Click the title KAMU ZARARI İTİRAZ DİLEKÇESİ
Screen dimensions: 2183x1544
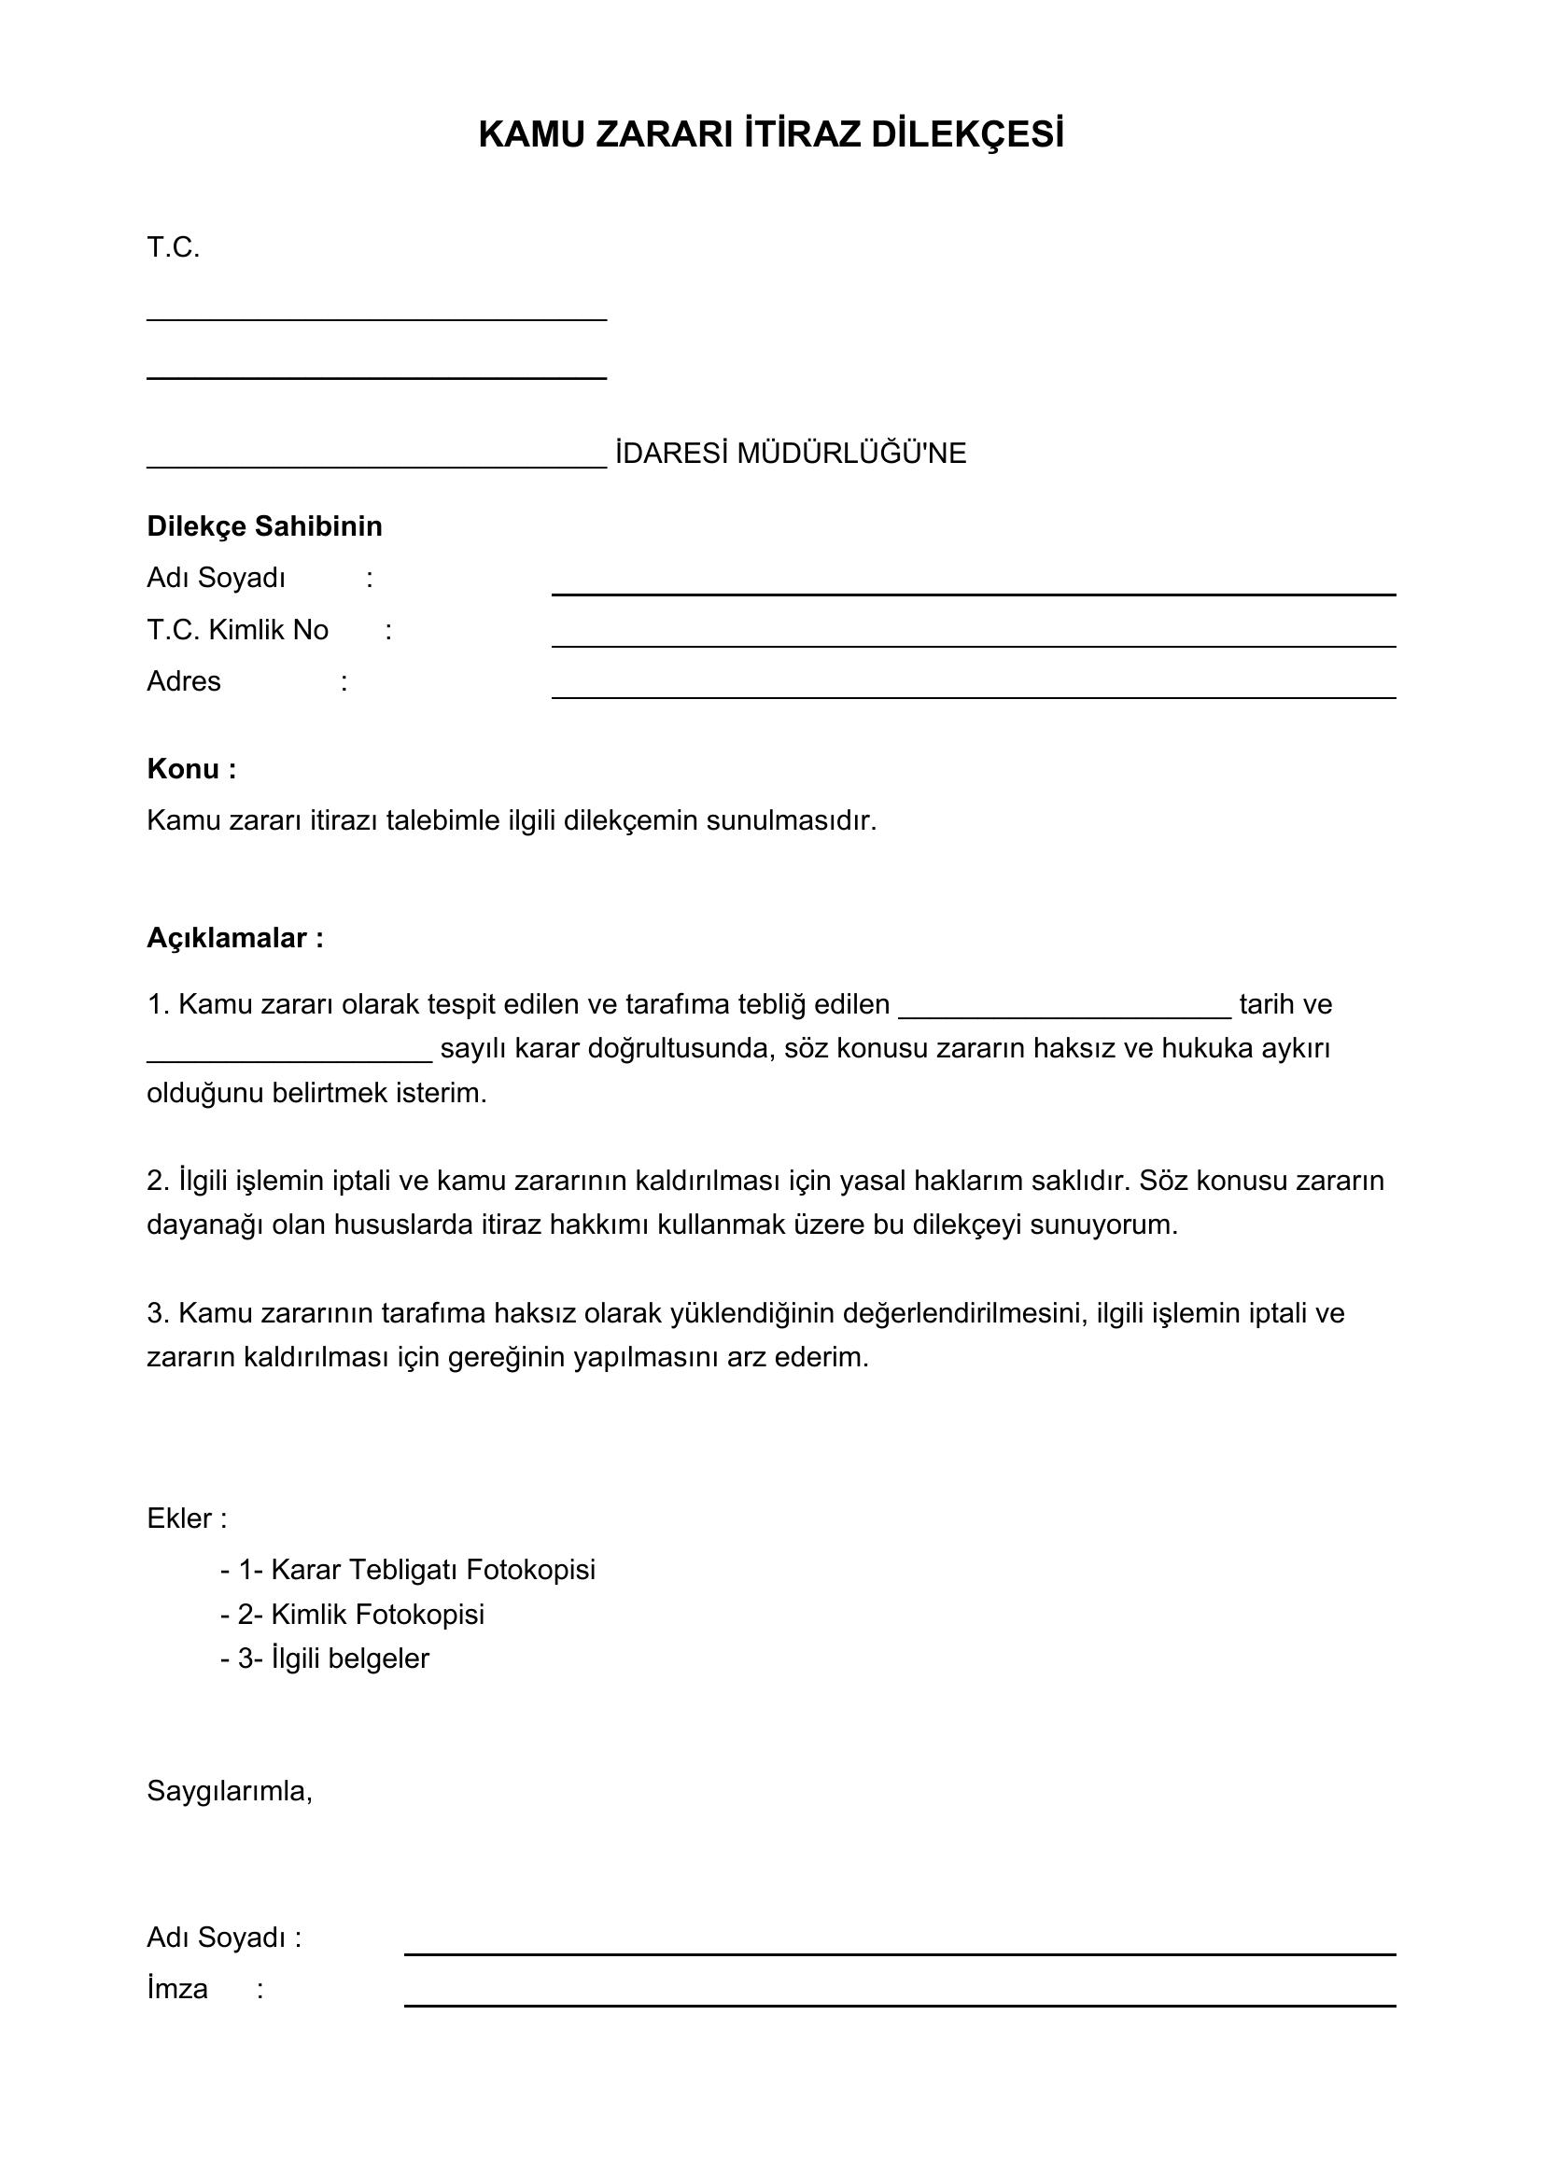(771, 135)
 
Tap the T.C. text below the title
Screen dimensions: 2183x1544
(173, 248)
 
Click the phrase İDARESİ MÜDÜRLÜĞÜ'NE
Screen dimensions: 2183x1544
(790, 454)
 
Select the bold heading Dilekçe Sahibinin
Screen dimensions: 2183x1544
(264, 526)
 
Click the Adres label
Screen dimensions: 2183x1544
(184, 681)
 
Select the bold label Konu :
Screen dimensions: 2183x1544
(191, 769)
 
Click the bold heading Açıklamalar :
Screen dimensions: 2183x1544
(235, 938)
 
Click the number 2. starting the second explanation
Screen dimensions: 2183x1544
(158, 1181)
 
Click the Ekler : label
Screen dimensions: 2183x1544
(187, 1518)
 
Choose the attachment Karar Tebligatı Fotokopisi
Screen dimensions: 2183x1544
(432, 1570)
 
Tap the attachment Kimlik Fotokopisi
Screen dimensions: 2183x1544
(376, 1615)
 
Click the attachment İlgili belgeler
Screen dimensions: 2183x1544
(350, 1658)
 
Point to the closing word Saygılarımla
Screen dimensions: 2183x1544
(229, 1791)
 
